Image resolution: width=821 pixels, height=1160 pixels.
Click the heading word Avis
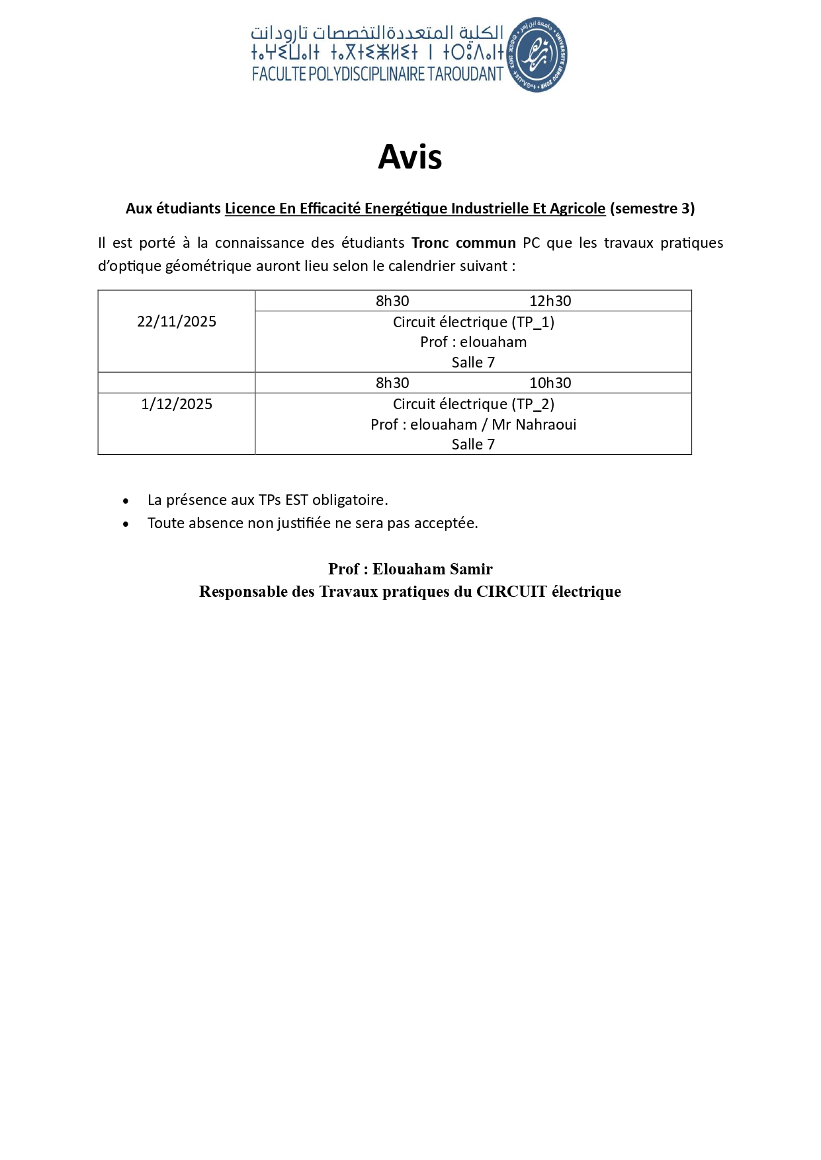tap(410, 157)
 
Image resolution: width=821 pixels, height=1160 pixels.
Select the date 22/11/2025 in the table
tap(177, 322)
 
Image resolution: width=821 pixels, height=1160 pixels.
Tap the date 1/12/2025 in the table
tap(177, 405)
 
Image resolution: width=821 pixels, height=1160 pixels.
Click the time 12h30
tap(550, 301)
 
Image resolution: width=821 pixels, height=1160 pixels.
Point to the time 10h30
tap(550, 383)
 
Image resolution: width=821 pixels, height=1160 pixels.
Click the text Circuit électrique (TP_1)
tap(474, 323)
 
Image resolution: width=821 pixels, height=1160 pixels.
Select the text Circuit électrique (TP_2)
tap(474, 405)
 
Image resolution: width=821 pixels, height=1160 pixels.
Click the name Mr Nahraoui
tap(534, 425)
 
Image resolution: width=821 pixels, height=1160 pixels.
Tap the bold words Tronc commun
tap(463, 243)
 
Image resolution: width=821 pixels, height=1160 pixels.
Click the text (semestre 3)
tap(652, 209)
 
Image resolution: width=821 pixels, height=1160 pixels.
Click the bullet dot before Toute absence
tap(126, 524)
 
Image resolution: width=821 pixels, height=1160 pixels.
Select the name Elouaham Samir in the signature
tap(433, 569)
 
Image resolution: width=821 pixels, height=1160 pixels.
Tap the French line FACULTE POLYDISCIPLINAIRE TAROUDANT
tap(378, 74)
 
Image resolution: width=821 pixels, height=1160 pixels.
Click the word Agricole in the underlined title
tap(578, 209)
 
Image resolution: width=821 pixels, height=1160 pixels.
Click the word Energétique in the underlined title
tap(406, 209)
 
